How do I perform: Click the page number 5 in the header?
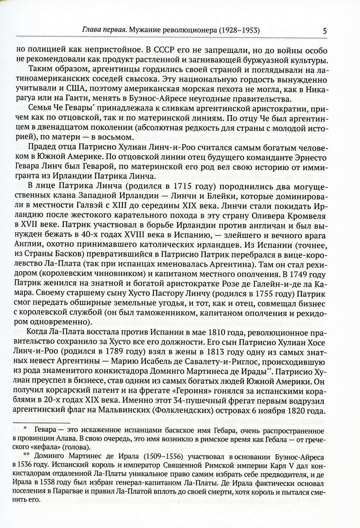click(325, 31)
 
